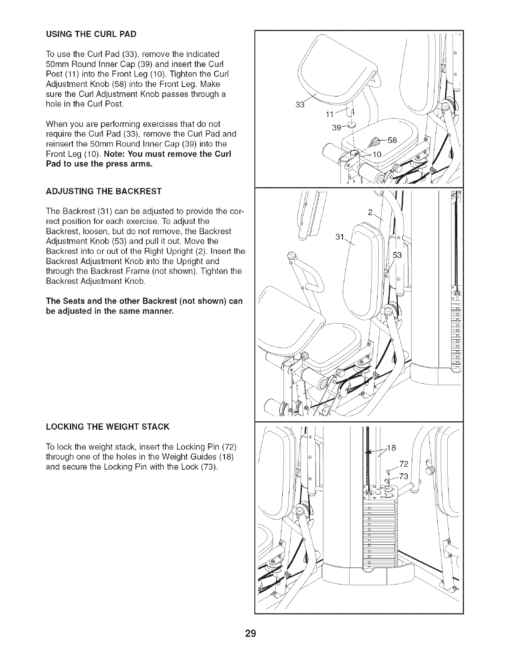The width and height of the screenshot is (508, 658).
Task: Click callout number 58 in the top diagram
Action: [x=392, y=140]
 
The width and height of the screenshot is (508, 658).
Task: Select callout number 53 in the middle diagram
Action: [x=397, y=255]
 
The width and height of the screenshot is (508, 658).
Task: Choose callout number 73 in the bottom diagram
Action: [x=404, y=476]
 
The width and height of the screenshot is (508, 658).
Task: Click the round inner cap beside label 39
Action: [x=352, y=126]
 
